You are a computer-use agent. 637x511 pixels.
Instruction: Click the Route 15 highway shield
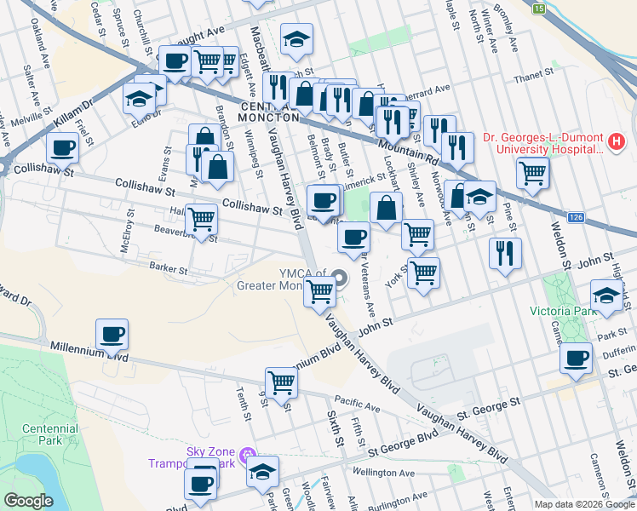click(538, 9)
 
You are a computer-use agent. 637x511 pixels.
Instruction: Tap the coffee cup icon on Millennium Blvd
click(111, 333)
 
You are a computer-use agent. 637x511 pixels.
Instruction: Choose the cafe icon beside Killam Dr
click(60, 148)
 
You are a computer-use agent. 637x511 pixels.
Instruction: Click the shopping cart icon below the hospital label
click(532, 172)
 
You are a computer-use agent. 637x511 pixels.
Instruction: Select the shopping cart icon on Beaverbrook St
click(201, 219)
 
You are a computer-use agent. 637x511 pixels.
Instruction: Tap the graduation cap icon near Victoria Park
click(605, 295)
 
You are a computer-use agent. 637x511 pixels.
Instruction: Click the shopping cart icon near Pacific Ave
click(280, 382)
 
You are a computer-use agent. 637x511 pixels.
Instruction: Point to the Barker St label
click(169, 268)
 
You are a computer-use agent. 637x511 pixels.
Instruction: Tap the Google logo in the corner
click(29, 501)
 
